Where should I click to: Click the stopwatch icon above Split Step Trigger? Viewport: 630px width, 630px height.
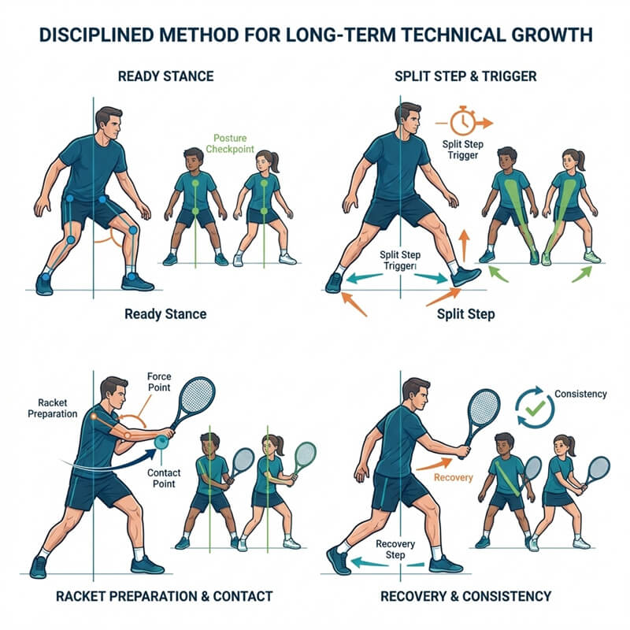tap(463, 120)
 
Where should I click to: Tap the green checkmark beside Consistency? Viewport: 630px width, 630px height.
tap(535, 408)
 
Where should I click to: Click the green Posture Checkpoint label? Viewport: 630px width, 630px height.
tap(230, 143)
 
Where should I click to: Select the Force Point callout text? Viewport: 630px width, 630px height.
tap(159, 382)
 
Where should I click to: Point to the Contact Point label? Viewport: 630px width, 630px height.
tap(164, 478)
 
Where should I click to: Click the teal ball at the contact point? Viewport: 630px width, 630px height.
tap(161, 442)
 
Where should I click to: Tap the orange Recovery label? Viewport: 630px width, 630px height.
tap(454, 477)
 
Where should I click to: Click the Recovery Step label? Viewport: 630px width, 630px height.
tap(395, 549)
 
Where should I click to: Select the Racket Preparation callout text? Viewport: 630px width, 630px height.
tap(52, 408)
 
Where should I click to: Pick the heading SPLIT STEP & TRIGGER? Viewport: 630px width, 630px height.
tap(465, 76)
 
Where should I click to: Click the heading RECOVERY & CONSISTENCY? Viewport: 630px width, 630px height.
tap(465, 596)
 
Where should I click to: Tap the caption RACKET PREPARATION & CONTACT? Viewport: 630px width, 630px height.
tap(165, 596)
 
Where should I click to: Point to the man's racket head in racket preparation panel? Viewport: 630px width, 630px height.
tap(198, 398)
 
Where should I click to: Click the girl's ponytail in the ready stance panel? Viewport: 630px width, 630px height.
tap(275, 161)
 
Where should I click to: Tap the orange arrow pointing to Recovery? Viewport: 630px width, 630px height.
tap(434, 465)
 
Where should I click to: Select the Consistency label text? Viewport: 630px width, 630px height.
tap(580, 394)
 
